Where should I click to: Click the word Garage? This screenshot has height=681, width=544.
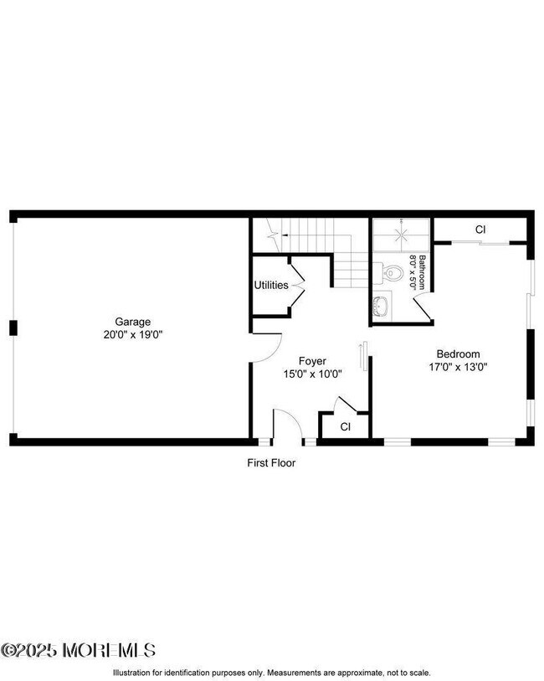(x=132, y=322)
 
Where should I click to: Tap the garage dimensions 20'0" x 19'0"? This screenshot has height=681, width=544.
(x=132, y=334)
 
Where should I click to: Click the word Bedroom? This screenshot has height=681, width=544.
(x=458, y=353)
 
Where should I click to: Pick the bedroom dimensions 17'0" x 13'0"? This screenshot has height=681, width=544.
(x=458, y=366)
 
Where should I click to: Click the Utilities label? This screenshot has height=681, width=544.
(x=271, y=285)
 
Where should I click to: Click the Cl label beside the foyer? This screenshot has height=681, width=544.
(x=345, y=427)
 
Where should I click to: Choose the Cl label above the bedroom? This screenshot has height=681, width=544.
(x=480, y=230)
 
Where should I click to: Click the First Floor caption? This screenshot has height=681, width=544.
(x=271, y=462)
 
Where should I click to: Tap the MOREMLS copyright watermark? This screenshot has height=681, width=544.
(x=78, y=650)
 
